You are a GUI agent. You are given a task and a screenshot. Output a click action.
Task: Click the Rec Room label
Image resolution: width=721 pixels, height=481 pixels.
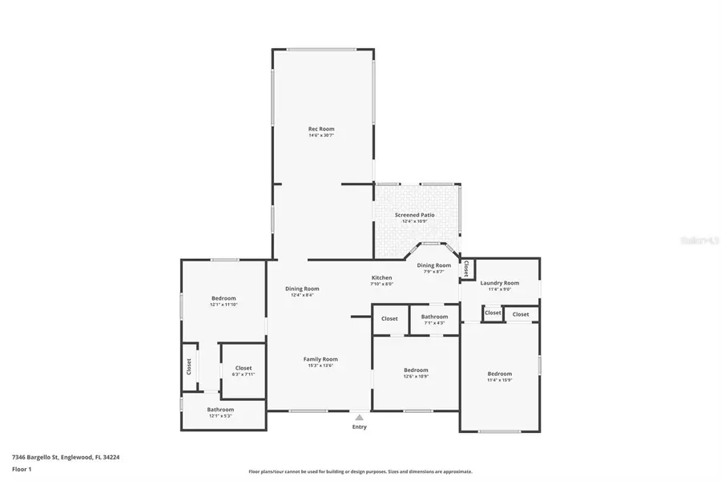[321, 128]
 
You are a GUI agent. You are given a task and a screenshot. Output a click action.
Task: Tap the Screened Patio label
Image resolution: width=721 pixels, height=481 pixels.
[414, 215]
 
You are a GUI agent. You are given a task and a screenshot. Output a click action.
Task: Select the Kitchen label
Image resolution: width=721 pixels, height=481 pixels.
[381, 277]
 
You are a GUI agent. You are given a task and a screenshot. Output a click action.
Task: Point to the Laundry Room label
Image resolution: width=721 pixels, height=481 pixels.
[499, 282]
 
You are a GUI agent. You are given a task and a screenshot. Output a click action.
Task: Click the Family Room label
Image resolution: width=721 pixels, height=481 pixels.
[320, 359]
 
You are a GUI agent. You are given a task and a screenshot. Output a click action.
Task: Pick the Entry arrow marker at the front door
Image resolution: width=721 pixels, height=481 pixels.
[360, 417]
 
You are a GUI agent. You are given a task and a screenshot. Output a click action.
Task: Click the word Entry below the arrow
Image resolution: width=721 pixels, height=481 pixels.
[360, 426]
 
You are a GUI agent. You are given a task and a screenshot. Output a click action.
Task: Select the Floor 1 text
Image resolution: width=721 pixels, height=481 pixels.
[22, 470]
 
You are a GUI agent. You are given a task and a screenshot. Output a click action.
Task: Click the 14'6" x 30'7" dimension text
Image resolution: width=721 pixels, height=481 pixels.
[321, 135]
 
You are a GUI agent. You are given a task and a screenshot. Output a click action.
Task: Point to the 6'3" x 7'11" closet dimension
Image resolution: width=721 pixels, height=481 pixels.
[244, 374]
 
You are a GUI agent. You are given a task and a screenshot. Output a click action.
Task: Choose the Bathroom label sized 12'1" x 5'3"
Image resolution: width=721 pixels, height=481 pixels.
[220, 409]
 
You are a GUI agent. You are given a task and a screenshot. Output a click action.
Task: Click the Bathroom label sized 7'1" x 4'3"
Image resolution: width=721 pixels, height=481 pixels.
[434, 317]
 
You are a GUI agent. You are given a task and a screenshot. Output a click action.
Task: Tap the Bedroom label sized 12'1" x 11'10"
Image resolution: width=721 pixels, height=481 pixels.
[224, 298]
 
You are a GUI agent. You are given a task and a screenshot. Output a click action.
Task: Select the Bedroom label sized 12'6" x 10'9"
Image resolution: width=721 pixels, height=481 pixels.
[416, 370]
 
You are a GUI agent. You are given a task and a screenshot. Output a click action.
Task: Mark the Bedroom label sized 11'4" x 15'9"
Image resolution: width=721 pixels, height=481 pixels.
[499, 374]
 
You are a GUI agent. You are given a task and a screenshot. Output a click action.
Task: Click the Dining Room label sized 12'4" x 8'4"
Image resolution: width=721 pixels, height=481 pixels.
[302, 289]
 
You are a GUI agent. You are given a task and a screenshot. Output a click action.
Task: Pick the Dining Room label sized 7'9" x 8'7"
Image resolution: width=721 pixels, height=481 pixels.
[433, 265]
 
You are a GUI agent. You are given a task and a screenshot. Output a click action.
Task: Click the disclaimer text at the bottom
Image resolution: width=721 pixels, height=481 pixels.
[360, 471]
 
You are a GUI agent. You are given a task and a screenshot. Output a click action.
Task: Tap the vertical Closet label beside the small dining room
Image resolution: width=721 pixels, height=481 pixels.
[465, 269]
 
